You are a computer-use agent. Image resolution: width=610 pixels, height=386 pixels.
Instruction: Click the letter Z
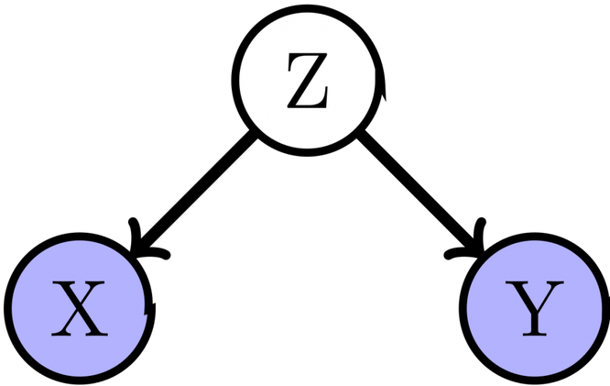308,81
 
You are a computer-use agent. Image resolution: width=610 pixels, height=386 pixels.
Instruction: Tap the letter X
80,308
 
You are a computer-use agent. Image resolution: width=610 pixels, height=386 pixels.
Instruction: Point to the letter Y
535,308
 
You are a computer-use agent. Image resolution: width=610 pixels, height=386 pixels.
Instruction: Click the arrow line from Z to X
194,193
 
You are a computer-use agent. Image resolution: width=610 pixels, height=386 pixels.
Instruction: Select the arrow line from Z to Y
421,193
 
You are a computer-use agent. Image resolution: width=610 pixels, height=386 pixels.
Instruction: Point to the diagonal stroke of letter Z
308,81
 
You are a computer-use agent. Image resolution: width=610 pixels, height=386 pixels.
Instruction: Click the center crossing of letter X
79,307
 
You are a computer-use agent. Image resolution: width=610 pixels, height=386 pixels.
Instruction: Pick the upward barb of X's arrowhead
135,234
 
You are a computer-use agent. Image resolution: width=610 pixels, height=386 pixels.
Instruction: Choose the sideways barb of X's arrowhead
152,254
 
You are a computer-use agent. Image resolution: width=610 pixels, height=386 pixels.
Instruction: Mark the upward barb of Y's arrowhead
481,234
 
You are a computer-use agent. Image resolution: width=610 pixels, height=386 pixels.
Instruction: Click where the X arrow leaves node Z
254,135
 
